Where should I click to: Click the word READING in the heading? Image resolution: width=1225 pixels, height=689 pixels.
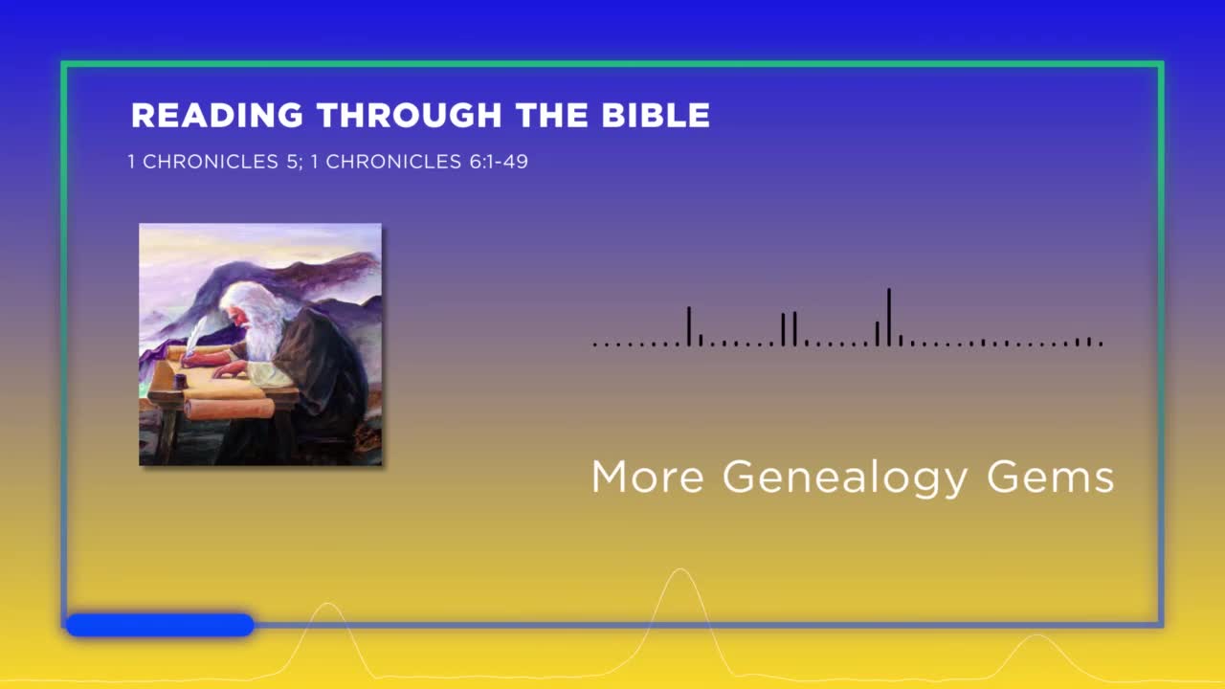point(216,116)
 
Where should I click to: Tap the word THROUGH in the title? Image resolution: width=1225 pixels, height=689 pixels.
point(409,116)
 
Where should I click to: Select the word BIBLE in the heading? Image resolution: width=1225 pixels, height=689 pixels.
point(656,116)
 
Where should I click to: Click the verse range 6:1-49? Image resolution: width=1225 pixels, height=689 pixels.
point(499,162)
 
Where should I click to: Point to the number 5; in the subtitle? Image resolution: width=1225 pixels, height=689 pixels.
point(295,162)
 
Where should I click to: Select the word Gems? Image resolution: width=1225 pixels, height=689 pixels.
point(1051,477)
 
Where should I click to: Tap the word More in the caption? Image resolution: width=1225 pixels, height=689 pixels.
point(648,477)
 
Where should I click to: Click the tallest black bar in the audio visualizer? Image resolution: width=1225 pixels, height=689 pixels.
point(889,317)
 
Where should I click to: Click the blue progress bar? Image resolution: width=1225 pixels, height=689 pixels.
point(160,625)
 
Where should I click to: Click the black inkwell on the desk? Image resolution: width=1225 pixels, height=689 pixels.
point(179,381)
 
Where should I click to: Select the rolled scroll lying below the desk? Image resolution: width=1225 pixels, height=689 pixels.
point(229,409)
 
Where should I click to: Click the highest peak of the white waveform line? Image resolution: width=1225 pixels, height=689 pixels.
point(680,569)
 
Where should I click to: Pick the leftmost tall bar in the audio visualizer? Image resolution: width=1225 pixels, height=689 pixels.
point(689,326)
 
